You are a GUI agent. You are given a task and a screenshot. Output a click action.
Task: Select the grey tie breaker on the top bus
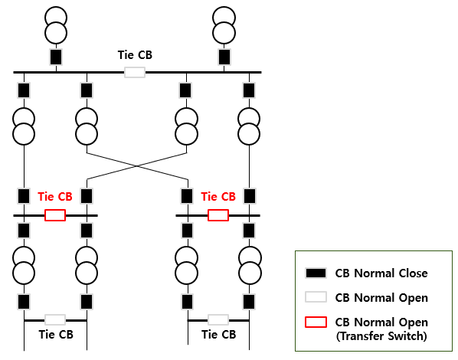135,72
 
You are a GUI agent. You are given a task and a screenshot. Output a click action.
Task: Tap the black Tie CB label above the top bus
135,55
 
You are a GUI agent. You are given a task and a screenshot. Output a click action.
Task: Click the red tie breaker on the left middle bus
55,215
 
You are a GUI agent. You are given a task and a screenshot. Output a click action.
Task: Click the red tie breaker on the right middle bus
218,215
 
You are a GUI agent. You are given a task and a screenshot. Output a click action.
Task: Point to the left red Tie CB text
55,197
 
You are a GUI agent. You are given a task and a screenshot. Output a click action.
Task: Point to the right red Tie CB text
218,197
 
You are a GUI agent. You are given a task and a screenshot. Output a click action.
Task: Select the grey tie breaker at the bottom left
55,320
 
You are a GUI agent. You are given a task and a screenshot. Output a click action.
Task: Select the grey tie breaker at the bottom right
218,320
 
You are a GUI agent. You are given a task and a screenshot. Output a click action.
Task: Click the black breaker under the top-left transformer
56,57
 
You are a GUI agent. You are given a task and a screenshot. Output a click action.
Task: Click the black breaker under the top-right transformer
224,57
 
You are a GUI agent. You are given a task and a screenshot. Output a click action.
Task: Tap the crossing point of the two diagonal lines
136,166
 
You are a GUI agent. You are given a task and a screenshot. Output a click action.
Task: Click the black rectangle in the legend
316,273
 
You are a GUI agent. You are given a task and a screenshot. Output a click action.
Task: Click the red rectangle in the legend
316,322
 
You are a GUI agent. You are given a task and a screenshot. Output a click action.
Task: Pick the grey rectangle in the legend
316,297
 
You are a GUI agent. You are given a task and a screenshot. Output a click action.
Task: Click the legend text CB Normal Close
381,273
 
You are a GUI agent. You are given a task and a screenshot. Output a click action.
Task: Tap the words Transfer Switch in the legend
383,336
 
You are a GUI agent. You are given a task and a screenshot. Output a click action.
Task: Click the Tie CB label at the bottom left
56,335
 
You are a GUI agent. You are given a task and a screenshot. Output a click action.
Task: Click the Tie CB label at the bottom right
219,335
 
